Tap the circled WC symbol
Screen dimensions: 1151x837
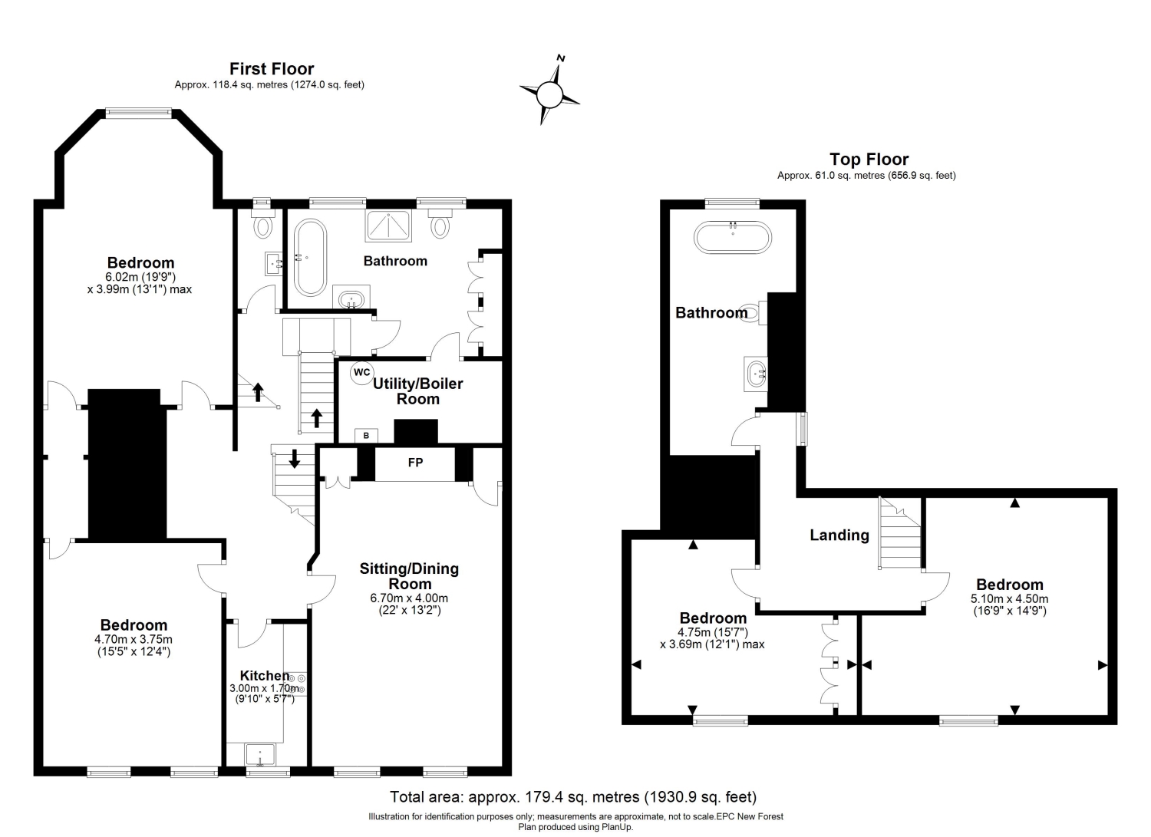click(x=361, y=373)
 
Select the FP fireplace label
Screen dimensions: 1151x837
click(x=415, y=463)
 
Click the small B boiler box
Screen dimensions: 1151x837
click(x=366, y=436)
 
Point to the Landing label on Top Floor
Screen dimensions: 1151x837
click(x=839, y=535)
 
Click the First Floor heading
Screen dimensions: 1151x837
click(x=272, y=68)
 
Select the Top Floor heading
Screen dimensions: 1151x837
click(x=869, y=160)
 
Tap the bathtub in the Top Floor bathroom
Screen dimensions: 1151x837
click(x=732, y=237)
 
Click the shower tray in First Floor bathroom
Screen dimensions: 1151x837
click(x=388, y=225)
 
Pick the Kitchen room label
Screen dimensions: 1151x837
click(x=265, y=675)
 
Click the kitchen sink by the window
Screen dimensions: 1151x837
click(x=260, y=755)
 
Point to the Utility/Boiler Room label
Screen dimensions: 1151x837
click(x=417, y=391)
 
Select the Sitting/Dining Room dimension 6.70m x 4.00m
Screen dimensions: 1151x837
click(x=409, y=598)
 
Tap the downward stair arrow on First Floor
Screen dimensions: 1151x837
click(x=295, y=458)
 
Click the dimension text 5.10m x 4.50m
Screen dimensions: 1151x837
click(x=1009, y=598)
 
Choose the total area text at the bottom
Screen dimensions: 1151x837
click(x=573, y=796)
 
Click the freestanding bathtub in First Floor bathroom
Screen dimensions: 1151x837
click(x=310, y=258)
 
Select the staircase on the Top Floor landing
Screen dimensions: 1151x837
click(x=900, y=533)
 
